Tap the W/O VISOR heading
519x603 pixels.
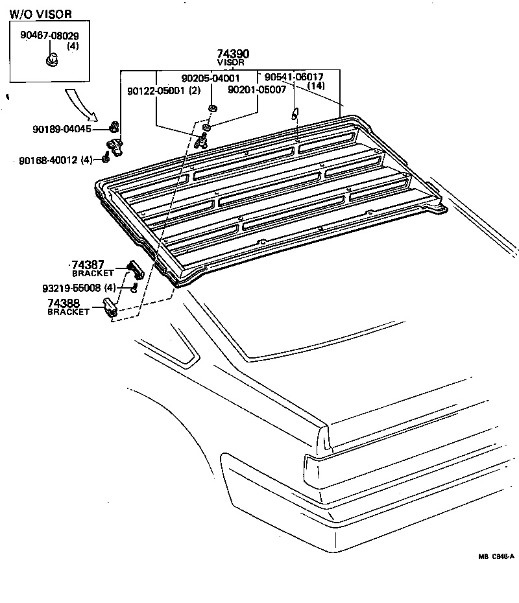pyautogui.click(x=40, y=14)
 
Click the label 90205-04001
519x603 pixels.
pyautogui.click(x=210, y=78)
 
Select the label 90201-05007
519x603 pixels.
pyautogui.click(x=257, y=90)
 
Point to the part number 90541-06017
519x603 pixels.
pyautogui.click(x=294, y=77)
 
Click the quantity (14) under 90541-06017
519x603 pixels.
pyautogui.click(x=316, y=86)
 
